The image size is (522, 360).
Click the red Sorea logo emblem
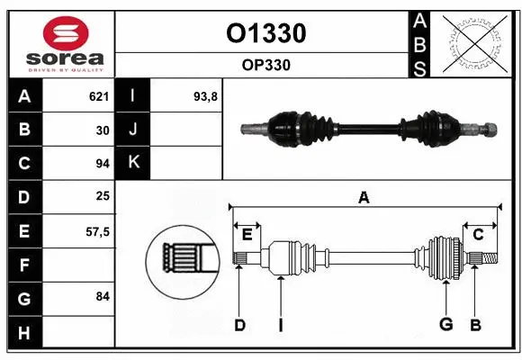[59, 34]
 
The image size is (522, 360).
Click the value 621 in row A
[98, 96]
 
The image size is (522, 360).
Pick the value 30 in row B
[102, 130]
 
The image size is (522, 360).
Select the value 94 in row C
[102, 164]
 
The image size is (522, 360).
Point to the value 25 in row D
[102, 196]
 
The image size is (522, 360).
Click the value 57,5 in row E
[96, 230]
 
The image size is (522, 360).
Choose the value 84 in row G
[102, 296]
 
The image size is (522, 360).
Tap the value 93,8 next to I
[205, 96]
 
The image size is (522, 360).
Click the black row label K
[133, 163]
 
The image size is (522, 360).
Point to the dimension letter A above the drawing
[364, 198]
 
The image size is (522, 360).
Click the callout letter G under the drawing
[445, 325]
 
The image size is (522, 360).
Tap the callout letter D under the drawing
[239, 325]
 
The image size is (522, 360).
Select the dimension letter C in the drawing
[479, 234]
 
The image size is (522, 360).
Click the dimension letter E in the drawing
[247, 234]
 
